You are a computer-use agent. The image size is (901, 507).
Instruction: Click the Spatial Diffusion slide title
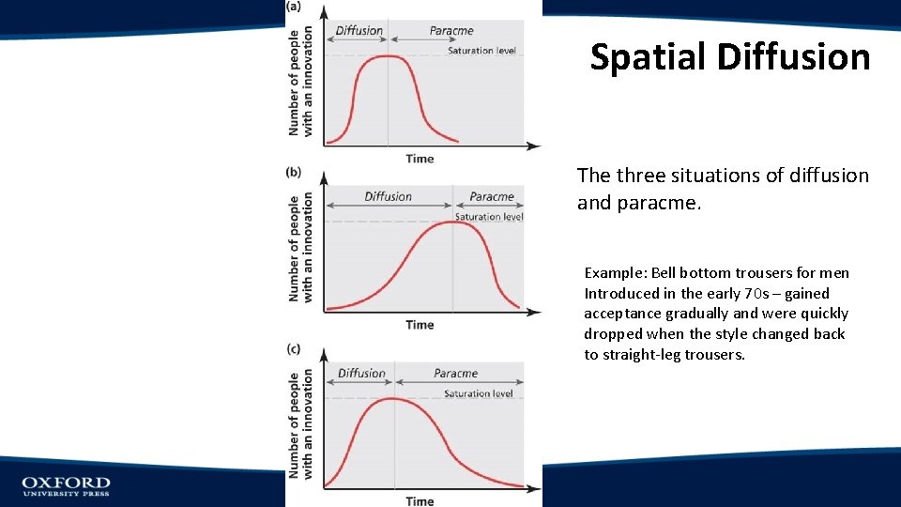tap(730, 57)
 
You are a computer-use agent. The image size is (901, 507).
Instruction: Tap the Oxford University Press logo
tap(66, 485)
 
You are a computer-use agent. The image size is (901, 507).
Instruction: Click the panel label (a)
tap(294, 7)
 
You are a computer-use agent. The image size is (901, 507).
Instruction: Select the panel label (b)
tap(294, 173)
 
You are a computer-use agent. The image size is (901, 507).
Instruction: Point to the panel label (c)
tap(294, 349)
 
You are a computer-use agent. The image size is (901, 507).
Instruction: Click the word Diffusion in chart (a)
tap(359, 31)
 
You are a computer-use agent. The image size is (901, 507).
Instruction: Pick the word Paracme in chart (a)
tap(451, 31)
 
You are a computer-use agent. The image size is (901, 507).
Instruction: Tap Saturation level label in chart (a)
tap(481, 51)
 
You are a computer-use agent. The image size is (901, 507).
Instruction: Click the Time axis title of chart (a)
tap(420, 159)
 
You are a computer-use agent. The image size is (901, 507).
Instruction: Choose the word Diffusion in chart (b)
tap(388, 197)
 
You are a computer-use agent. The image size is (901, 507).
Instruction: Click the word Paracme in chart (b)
tap(492, 197)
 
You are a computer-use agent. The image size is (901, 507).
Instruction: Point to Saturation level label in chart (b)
tap(489, 217)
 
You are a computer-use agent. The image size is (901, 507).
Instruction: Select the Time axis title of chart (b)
tap(420, 325)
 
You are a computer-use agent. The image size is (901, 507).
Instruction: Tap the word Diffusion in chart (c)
tap(361, 374)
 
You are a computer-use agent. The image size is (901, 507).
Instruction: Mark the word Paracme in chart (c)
tap(456, 374)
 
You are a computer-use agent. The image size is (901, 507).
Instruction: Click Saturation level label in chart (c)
tap(479, 394)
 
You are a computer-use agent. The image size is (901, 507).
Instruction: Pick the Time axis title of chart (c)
tap(420, 501)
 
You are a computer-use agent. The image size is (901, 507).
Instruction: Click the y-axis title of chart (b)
tap(301, 248)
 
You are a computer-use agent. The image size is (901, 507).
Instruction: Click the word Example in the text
tap(615, 273)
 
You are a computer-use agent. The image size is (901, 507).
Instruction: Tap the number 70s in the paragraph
tap(733, 293)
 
